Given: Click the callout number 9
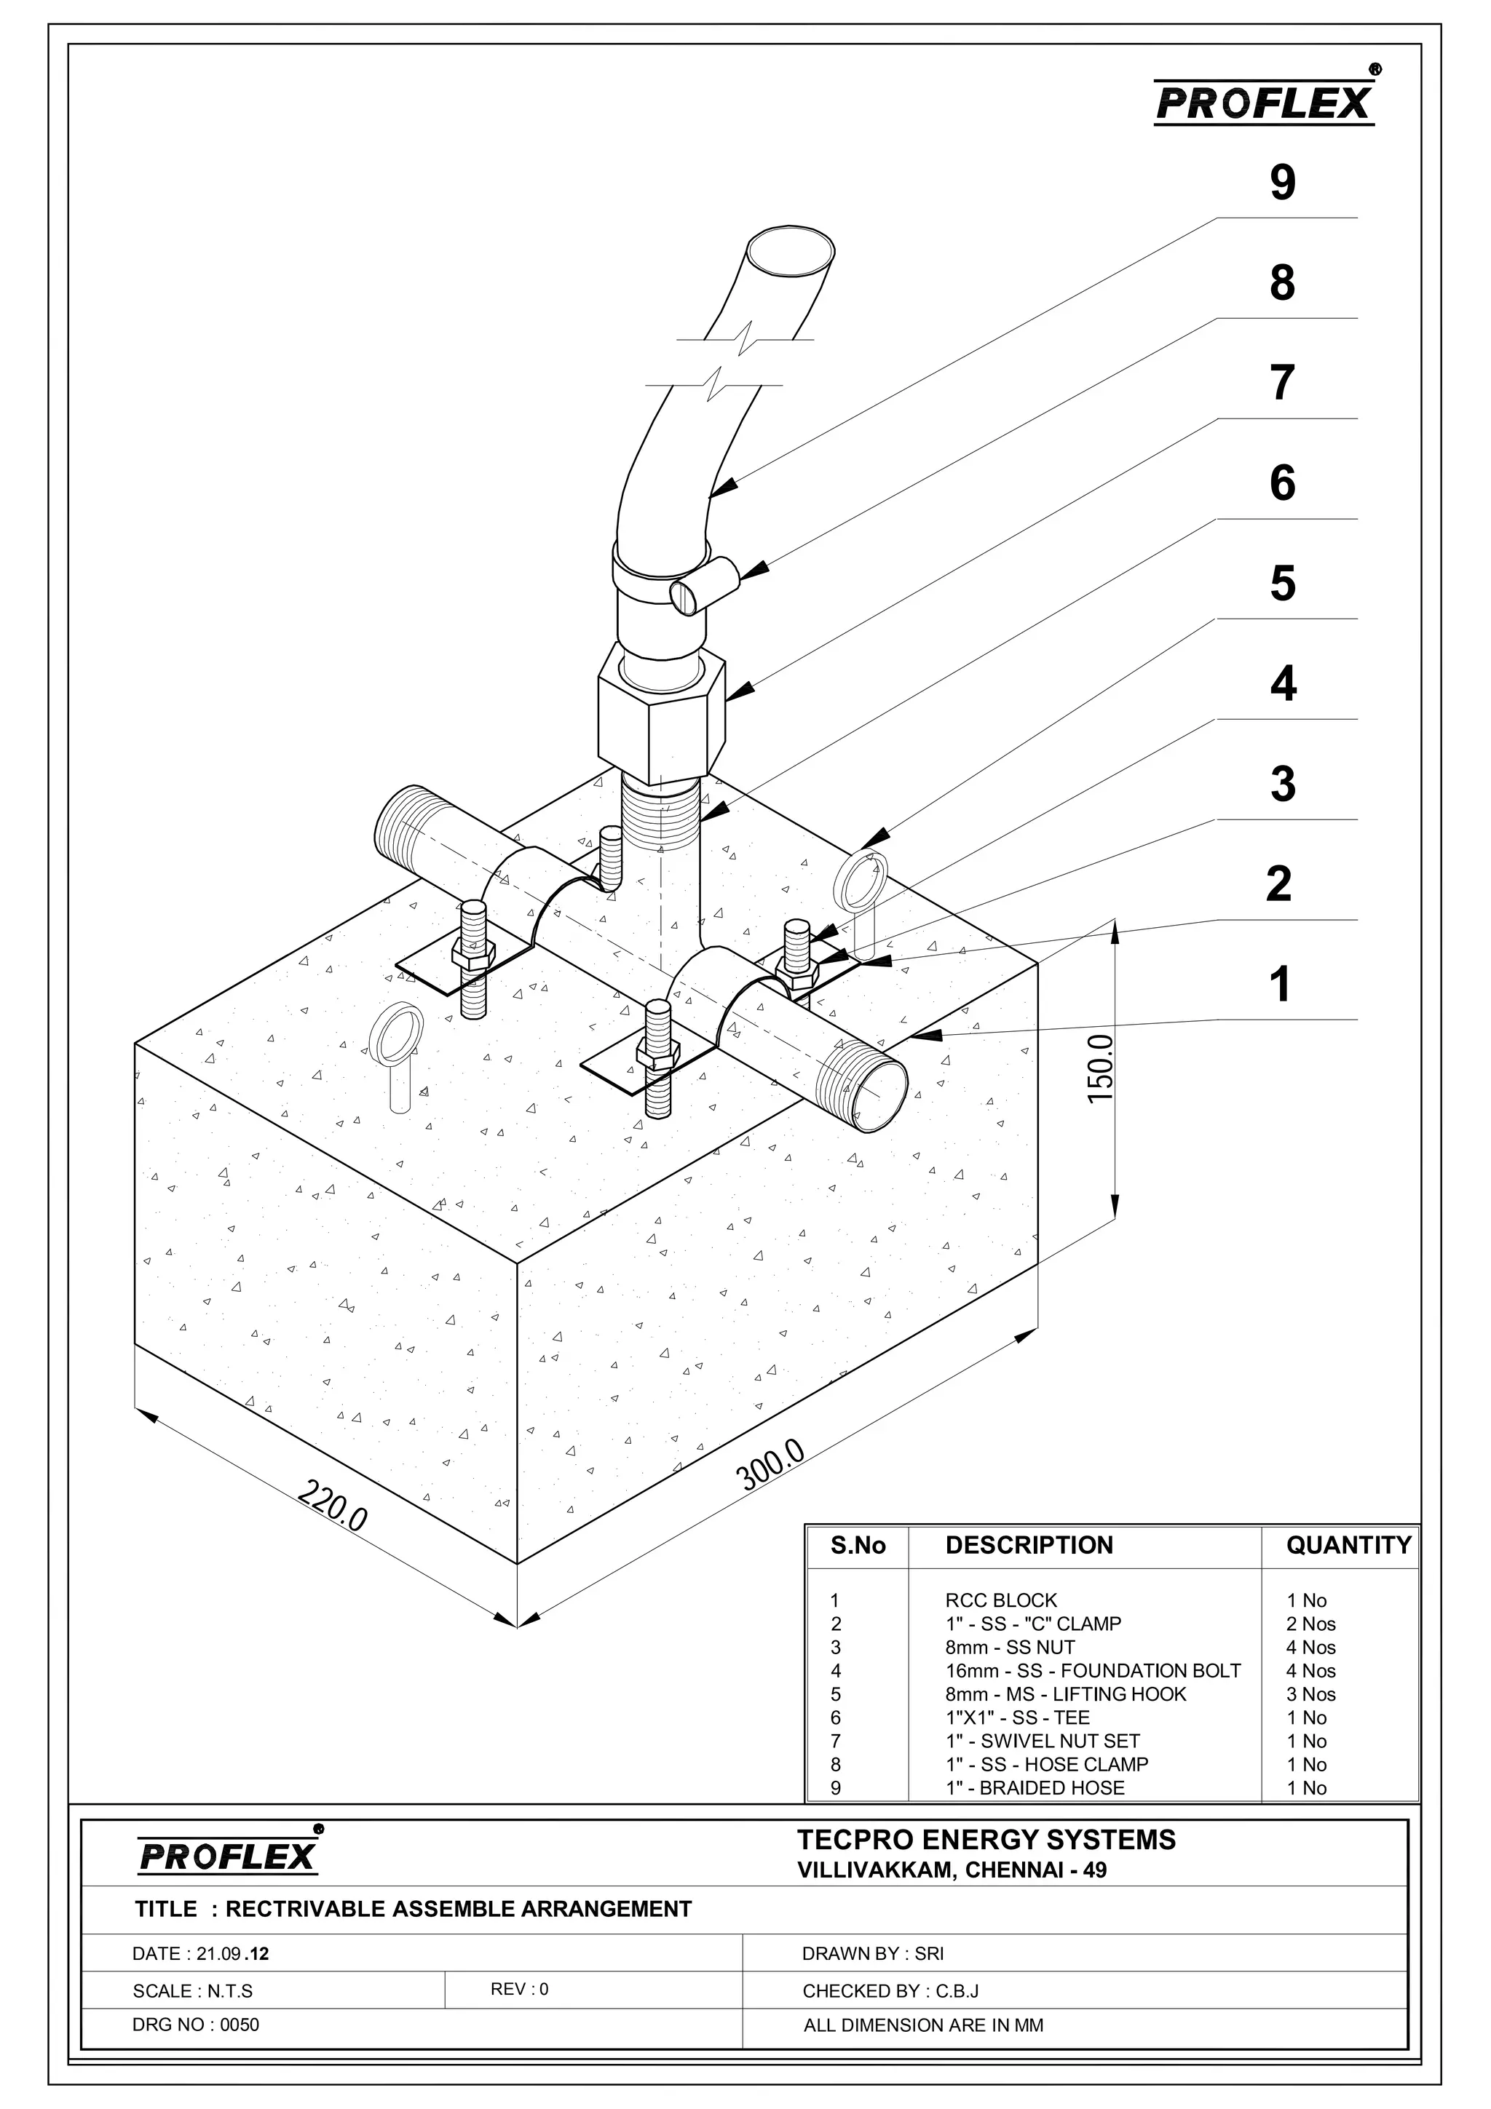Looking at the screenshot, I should pyautogui.click(x=1283, y=183).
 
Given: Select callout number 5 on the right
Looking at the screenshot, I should pyautogui.click(x=1283, y=584).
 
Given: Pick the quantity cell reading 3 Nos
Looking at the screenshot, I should pyautogui.click(x=1311, y=1693).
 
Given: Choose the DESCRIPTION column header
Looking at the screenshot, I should pyautogui.click(x=1029, y=1545).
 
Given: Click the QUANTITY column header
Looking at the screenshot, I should pyautogui.click(x=1348, y=1545).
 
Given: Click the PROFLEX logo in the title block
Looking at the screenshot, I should pyautogui.click(x=229, y=1854).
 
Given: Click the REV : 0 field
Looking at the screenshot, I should pyautogui.click(x=519, y=1989).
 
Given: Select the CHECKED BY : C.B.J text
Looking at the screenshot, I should pyautogui.click(x=889, y=1991).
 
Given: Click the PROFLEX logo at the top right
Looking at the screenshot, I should pyautogui.click(x=1264, y=102).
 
